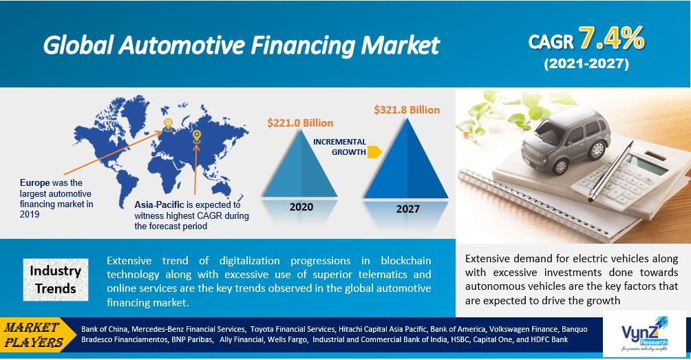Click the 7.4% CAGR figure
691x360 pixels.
point(612,39)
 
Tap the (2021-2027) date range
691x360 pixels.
point(586,64)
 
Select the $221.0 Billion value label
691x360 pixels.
point(300,123)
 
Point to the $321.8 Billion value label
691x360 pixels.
point(407,109)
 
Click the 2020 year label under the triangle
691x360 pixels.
point(301,207)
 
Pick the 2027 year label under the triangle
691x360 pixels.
point(407,209)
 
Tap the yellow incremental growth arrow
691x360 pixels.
point(374,152)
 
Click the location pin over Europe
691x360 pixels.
point(168,125)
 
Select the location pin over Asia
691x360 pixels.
point(197,136)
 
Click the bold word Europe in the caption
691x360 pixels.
point(35,183)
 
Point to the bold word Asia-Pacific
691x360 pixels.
point(160,205)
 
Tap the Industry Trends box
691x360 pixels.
point(56,279)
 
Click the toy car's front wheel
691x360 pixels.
point(560,167)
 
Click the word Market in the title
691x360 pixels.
point(400,45)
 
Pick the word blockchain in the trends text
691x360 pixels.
point(406,260)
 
